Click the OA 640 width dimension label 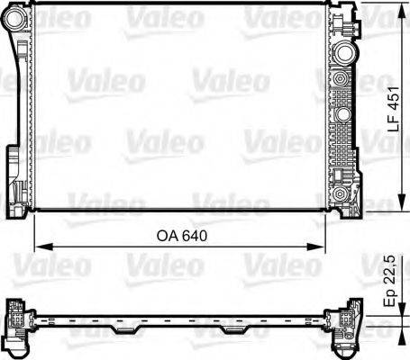point(180,237)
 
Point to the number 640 point(191,237)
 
